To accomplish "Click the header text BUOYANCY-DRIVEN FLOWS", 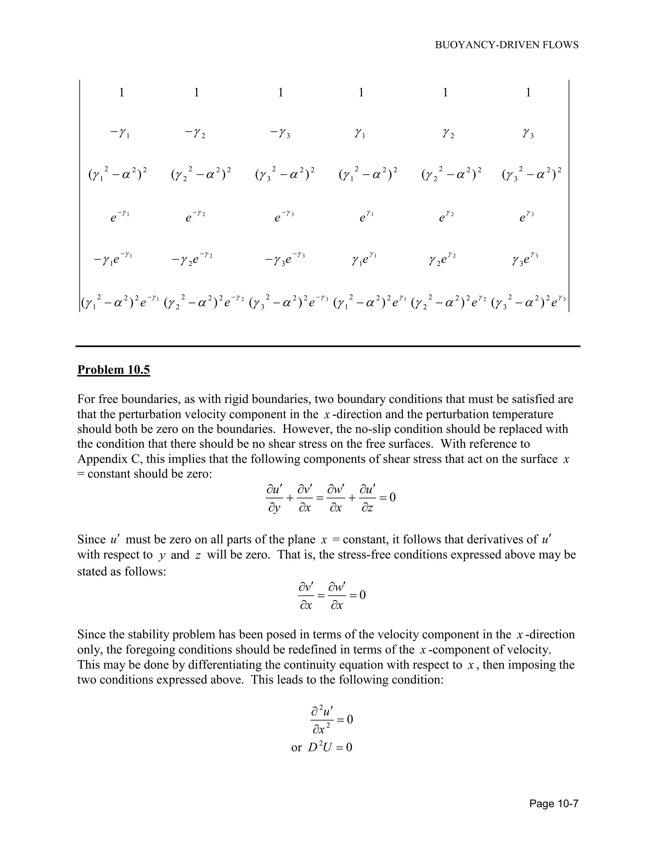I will point(506,45).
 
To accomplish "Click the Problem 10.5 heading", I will point(113,370).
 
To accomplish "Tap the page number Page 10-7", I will point(554,803).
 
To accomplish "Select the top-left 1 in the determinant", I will point(122,92).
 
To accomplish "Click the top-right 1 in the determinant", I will point(528,92).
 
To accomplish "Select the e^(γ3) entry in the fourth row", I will point(527,216).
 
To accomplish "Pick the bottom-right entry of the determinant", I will point(529,302).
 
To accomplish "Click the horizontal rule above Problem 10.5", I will point(328,346).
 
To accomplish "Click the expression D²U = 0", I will point(330,748).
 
